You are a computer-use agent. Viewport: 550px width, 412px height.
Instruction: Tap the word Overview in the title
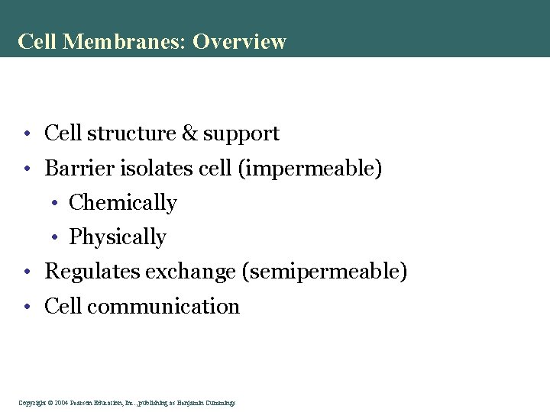[239, 41]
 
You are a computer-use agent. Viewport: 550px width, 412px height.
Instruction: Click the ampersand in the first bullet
[189, 134]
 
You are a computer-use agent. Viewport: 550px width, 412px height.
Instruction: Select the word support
[241, 134]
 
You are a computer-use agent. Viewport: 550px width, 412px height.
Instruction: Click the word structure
[131, 134]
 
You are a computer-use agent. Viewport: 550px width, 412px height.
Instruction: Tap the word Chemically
[123, 203]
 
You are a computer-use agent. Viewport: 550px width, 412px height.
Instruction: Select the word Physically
[118, 237]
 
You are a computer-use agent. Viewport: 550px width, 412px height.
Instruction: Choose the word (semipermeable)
[325, 272]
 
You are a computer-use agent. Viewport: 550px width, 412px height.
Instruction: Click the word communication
[163, 307]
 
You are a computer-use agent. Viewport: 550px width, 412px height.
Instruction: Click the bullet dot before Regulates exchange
[26, 272]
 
